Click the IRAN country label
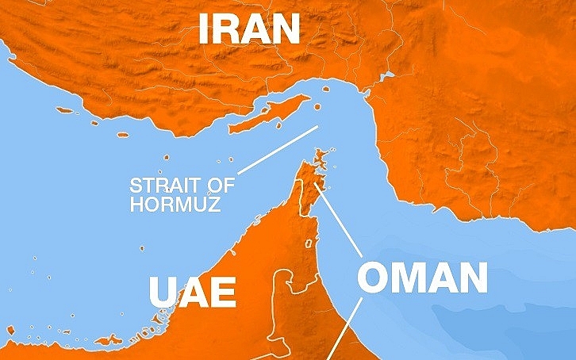tap(249, 28)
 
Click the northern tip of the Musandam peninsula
tap(321, 152)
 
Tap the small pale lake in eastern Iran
tap(387, 77)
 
